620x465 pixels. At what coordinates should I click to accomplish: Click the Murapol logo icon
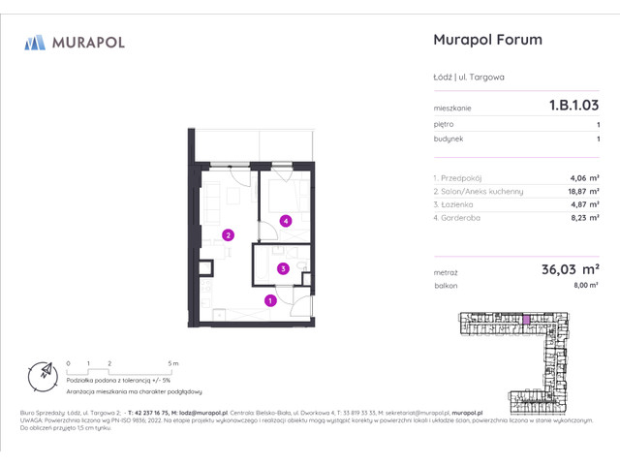pyautogui.click(x=36, y=42)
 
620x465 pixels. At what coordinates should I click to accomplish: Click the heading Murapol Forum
pyautogui.click(x=485, y=41)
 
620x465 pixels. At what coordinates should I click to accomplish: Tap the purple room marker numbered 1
pyautogui.click(x=270, y=301)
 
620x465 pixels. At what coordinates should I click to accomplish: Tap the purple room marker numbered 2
pyautogui.click(x=228, y=234)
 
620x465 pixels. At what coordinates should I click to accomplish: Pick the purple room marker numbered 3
pyautogui.click(x=282, y=268)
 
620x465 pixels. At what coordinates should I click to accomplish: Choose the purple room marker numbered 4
pyautogui.click(x=286, y=222)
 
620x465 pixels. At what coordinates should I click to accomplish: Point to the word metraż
pyautogui.click(x=447, y=273)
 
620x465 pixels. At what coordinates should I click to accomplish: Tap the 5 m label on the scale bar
pyautogui.click(x=173, y=362)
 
